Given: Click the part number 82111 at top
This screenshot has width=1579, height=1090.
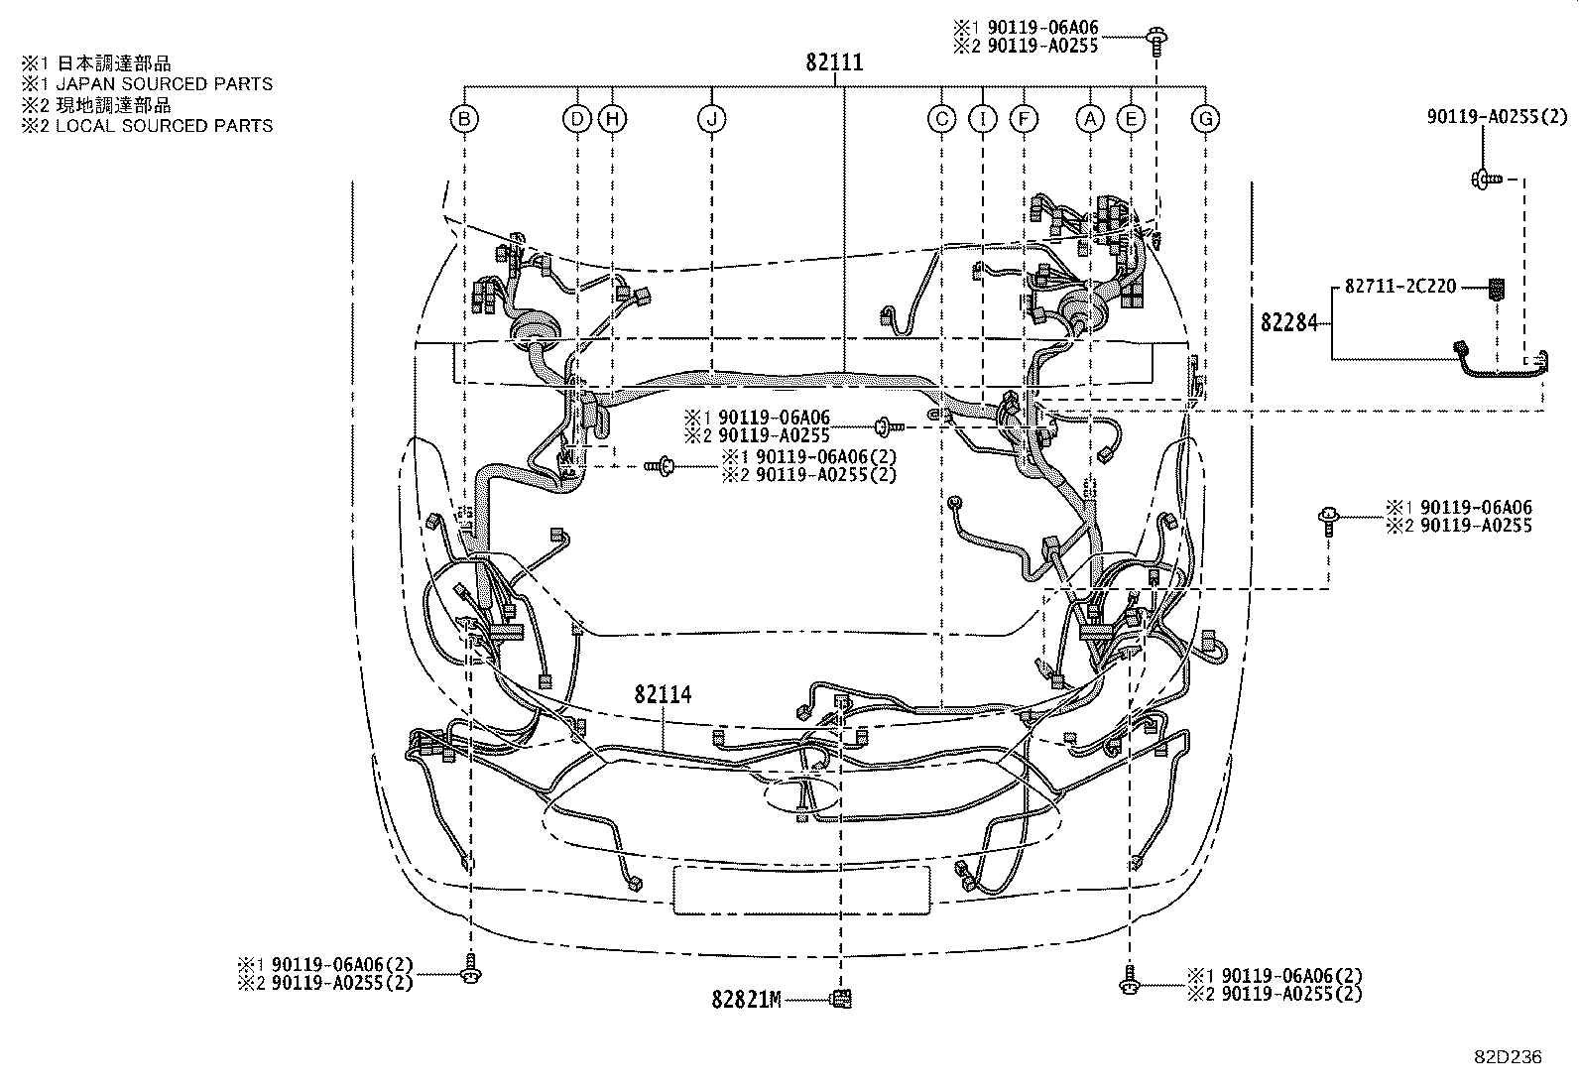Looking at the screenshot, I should (833, 63).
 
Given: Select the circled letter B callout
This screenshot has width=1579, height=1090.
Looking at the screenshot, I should (464, 120).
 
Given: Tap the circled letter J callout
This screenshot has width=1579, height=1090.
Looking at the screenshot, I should (711, 120).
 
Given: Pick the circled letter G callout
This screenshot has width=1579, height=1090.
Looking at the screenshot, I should (1205, 120).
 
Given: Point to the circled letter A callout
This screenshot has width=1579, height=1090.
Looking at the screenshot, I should (1090, 120).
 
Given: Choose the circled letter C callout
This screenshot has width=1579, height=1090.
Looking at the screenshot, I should (941, 120).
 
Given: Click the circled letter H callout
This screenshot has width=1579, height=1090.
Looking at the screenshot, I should (613, 120).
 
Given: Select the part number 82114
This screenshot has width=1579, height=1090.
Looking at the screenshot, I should (663, 694).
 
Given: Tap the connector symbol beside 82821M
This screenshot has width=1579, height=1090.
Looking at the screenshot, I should (841, 999).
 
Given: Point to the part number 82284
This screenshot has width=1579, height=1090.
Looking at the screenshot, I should (1289, 322).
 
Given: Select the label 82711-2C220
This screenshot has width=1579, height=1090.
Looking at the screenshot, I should (1400, 287).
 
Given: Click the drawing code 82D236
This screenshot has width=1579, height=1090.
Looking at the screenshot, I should (1507, 1057).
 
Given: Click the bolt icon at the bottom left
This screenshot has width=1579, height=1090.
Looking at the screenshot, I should (469, 971).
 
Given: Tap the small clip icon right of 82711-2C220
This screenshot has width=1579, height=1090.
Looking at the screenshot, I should (1497, 289).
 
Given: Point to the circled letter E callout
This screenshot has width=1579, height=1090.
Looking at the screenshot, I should (1130, 120).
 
